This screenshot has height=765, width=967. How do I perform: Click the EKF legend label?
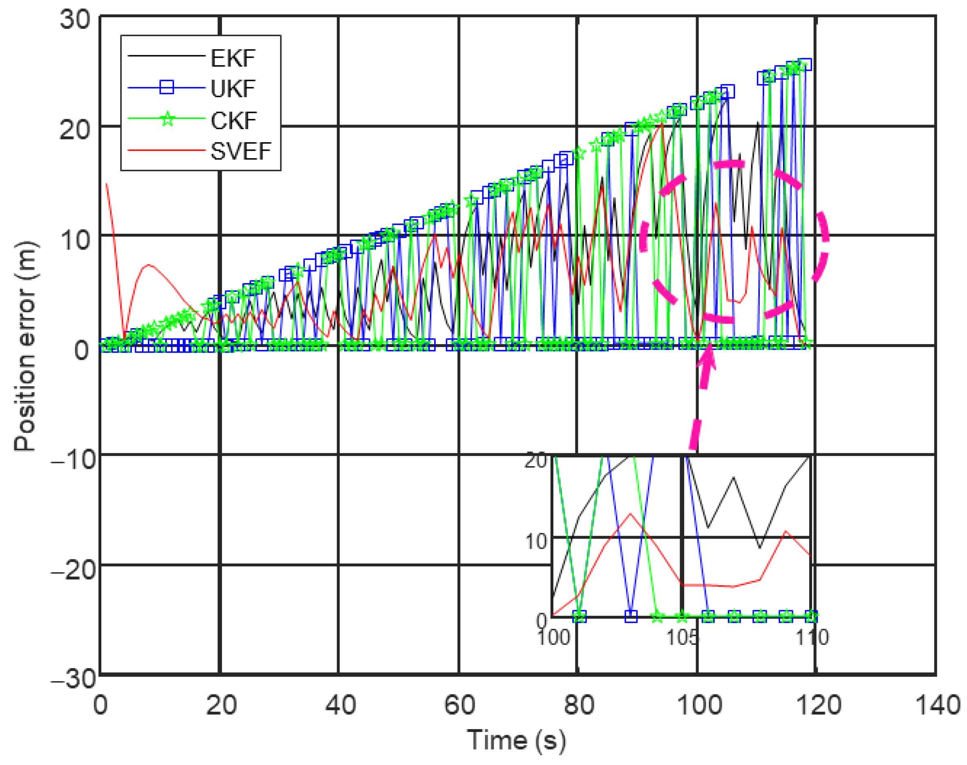click(x=233, y=58)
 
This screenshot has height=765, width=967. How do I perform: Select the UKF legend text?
click(x=233, y=89)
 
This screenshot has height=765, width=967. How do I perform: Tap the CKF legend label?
click(x=233, y=121)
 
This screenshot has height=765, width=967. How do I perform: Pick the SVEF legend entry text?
click(x=240, y=151)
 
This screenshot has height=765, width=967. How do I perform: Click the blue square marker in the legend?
click(x=167, y=87)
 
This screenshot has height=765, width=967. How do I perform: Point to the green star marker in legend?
click(x=168, y=119)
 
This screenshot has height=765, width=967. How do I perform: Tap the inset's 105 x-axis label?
click(x=682, y=637)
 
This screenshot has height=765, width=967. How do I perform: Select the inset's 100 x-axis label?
click(x=554, y=637)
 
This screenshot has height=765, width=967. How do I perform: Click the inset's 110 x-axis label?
click(x=812, y=637)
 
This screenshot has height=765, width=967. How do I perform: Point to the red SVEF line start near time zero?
click(x=107, y=185)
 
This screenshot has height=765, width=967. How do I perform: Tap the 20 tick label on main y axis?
click(x=74, y=130)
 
